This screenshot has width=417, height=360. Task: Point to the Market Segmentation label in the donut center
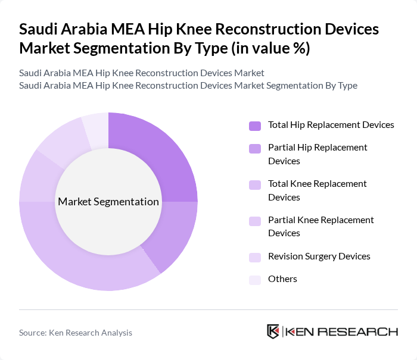(108, 202)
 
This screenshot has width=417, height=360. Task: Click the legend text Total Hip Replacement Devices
(331, 125)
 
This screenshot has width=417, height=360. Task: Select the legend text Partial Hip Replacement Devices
(318, 154)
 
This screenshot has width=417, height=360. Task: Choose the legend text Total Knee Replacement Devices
(318, 190)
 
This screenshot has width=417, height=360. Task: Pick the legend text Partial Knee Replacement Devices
(321, 226)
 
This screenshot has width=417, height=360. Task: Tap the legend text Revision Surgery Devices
(319, 256)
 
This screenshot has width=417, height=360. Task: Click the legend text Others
(282, 278)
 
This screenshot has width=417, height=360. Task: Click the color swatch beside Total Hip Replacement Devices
(255, 126)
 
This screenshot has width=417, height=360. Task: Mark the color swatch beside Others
(255, 279)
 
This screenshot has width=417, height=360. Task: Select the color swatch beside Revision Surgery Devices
(255, 256)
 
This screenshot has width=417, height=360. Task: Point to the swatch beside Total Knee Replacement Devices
(255, 184)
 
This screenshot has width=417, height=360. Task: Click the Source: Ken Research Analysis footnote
(76, 333)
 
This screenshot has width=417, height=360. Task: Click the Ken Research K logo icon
(273, 331)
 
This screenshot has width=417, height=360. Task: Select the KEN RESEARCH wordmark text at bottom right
(342, 331)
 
